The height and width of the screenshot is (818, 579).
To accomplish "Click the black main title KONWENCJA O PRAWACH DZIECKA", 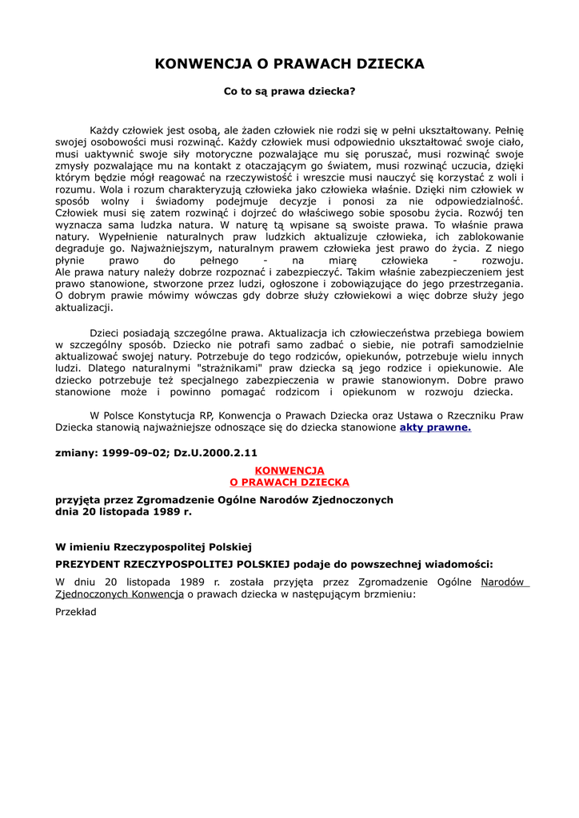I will pyautogui.click(x=289, y=64).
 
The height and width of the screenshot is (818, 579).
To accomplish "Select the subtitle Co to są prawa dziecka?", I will pyautogui.click(x=289, y=91).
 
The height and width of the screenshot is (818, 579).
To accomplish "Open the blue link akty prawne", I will pyautogui.click(x=435, y=427).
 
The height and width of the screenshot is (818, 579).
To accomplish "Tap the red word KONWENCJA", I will pyautogui.click(x=289, y=471).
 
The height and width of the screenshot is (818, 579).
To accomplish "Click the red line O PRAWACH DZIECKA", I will pyautogui.click(x=289, y=482).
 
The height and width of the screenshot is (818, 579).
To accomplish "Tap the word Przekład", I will pyautogui.click(x=76, y=611).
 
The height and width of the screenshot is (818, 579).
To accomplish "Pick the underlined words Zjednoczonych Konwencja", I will pyautogui.click(x=120, y=594).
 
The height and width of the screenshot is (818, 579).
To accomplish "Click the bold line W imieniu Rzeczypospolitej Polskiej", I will pyautogui.click(x=154, y=547).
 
